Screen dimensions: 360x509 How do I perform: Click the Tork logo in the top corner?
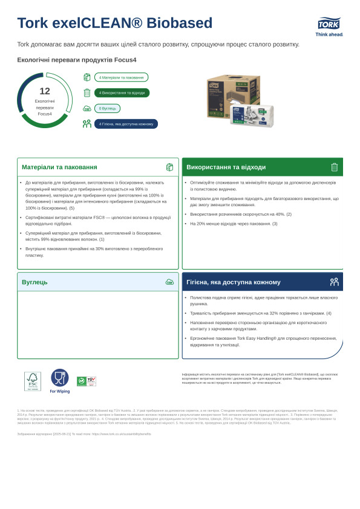(329, 24)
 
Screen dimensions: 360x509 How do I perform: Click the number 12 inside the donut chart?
(45, 91)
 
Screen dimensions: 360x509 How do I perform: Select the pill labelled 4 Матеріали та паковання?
(121, 77)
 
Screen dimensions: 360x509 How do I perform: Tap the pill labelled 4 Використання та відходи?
(122, 92)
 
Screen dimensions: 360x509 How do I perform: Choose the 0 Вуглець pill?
(107, 108)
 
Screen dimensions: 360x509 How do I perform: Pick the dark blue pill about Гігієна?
(126, 124)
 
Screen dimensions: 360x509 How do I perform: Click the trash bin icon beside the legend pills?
(87, 92)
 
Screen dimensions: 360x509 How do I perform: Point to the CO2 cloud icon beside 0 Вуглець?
(87, 109)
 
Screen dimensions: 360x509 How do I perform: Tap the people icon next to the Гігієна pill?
(87, 124)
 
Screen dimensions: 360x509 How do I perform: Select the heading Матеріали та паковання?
(59, 167)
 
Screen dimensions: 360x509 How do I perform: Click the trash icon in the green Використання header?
(334, 167)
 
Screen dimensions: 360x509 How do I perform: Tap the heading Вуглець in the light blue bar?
(34, 282)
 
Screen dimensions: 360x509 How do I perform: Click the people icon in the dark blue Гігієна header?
(334, 282)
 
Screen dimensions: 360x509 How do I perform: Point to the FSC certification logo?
(33, 381)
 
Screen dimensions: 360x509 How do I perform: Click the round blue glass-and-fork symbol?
(60, 378)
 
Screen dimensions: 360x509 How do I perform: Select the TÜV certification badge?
(91, 381)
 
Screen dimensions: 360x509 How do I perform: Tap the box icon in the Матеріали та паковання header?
(169, 167)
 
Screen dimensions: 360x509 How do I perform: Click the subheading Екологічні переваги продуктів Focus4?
(77, 60)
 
